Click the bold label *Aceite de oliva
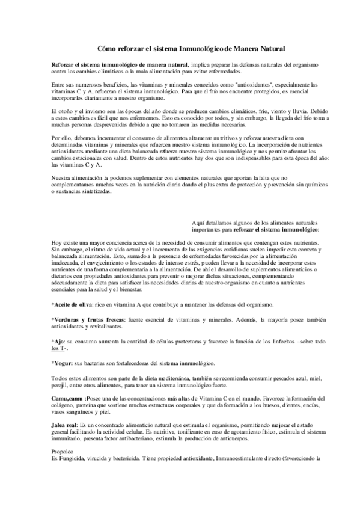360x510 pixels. click(x=71, y=305)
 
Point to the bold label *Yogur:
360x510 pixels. click(x=62, y=363)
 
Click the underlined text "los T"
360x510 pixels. click(x=59, y=349)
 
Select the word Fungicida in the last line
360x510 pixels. click(x=71, y=459)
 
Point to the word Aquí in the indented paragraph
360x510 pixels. click(x=199, y=223)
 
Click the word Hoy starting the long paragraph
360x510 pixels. click(x=56, y=242)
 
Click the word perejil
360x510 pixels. click(x=60, y=384)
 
